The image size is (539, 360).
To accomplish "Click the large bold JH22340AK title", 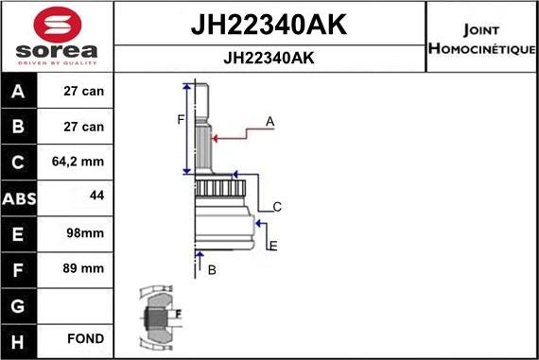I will point(269,26).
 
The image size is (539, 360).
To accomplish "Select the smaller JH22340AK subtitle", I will point(269,58).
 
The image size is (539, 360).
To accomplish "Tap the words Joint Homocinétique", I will point(482,38).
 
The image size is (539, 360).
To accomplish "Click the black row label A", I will point(19,93).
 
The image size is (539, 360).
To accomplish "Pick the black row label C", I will point(19,163).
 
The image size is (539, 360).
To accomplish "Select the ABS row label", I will point(19,197).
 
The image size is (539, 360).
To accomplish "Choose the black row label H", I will point(19,338).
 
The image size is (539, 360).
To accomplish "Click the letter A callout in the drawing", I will point(270,122).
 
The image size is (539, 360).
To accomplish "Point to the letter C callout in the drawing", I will point(277,207).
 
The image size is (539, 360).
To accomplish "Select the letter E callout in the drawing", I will point(273,247).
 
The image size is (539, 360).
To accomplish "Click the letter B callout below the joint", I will point(212,270).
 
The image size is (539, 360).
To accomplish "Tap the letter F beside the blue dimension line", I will point(181,119).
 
